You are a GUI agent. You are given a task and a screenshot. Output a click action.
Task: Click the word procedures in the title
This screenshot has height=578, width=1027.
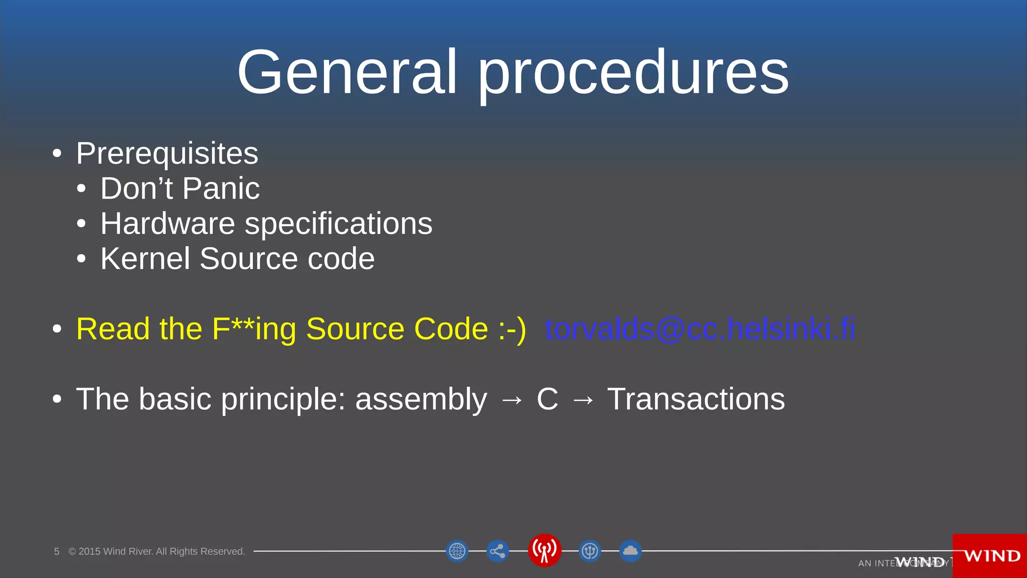[633, 75]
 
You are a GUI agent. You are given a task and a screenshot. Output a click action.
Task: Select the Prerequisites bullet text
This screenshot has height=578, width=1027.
[167, 154]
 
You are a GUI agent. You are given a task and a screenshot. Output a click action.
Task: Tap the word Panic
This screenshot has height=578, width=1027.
[221, 189]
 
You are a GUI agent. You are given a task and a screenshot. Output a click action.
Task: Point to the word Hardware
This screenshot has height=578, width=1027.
[167, 224]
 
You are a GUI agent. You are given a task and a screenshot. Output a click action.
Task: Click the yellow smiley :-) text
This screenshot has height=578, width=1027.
[512, 330]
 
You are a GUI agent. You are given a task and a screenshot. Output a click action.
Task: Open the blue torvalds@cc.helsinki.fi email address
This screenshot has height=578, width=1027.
[700, 329]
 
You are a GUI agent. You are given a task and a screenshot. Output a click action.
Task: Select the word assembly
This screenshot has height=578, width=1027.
[421, 400]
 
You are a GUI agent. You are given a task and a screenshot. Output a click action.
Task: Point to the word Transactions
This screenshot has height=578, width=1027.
[696, 399]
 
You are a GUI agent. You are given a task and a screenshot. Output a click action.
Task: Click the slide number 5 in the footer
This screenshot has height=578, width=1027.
[57, 551]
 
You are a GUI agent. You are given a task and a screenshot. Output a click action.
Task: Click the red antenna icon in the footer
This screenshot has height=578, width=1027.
[544, 550]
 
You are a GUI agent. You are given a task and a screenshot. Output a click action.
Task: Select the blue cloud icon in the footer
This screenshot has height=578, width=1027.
[630, 551]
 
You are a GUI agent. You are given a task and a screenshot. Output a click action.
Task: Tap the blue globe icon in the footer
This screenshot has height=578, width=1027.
[457, 551]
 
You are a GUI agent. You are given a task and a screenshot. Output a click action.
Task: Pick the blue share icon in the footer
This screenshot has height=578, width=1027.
[497, 551]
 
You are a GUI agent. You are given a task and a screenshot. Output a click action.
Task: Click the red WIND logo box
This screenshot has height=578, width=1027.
[990, 556]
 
